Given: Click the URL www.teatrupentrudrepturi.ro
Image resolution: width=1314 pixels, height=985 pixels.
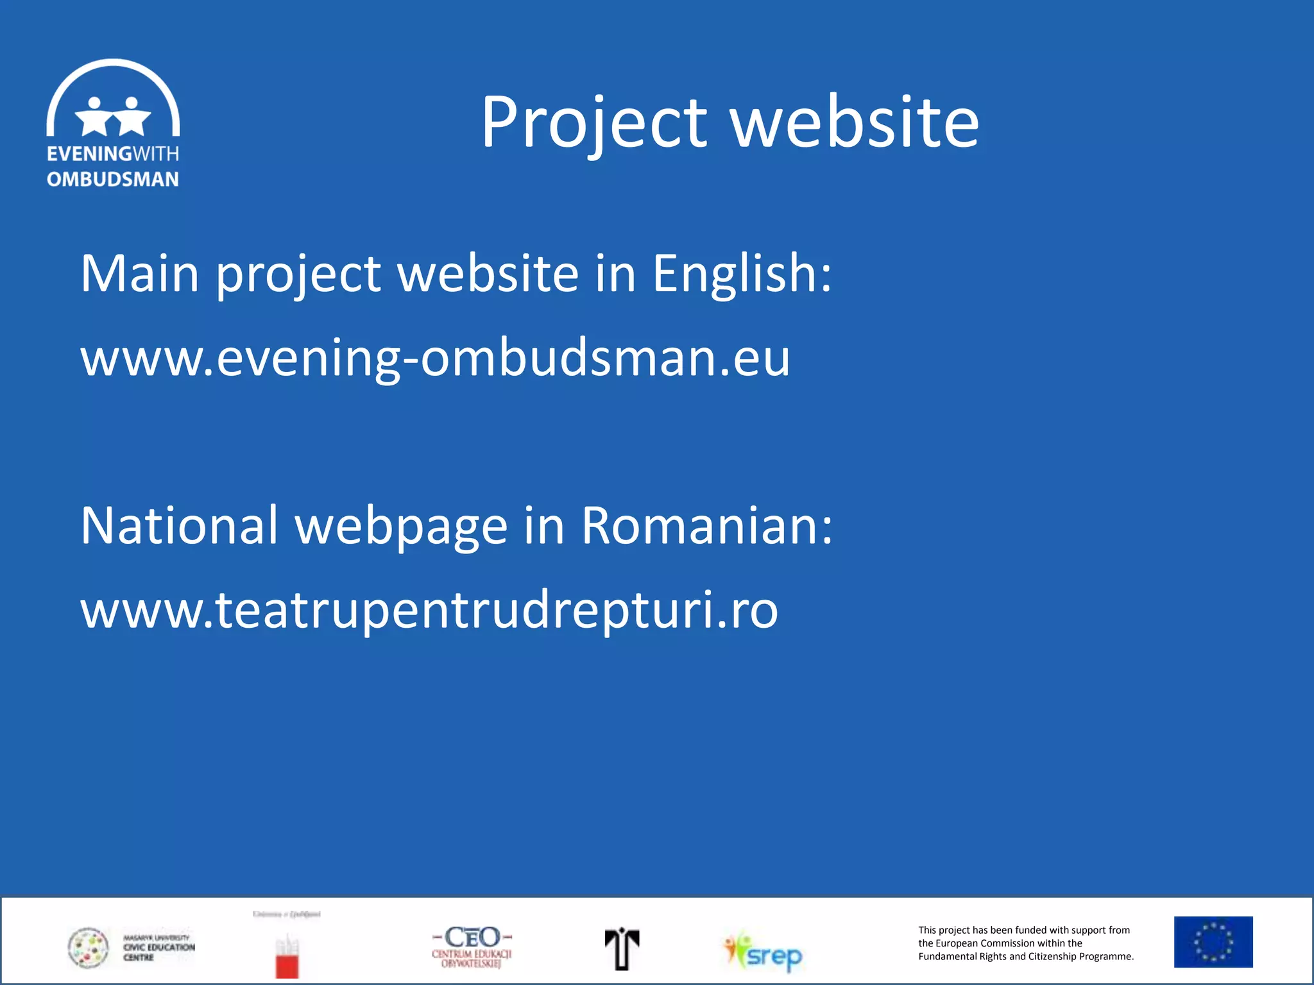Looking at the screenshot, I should pyautogui.click(x=429, y=610).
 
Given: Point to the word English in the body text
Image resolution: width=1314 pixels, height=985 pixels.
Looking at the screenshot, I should pyautogui.click(x=742, y=274).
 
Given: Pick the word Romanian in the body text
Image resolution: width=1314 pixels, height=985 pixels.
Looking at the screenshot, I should pyautogui.click(x=706, y=526).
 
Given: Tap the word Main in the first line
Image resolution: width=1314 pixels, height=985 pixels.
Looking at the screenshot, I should pyautogui.click(x=140, y=274).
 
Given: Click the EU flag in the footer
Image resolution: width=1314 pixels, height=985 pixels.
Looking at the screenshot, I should pyautogui.click(x=1213, y=941).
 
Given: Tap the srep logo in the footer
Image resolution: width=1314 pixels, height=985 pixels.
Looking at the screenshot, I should pyautogui.click(x=764, y=952).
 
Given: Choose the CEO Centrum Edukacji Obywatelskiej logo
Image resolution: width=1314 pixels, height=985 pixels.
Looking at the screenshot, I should pyautogui.click(x=472, y=946).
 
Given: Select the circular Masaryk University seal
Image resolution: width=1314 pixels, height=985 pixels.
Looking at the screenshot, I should pyautogui.click(x=89, y=948).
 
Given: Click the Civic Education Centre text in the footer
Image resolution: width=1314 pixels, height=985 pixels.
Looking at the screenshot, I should pyautogui.click(x=158, y=948).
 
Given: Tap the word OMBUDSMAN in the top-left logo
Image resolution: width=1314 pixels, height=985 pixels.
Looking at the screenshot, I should pyautogui.click(x=113, y=180).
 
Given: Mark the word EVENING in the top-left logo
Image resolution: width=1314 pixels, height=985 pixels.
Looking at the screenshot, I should pyautogui.click(x=89, y=154).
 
